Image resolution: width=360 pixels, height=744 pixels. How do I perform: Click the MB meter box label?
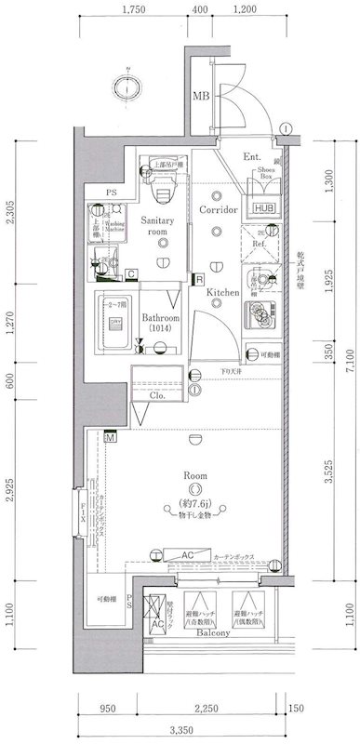(200, 96)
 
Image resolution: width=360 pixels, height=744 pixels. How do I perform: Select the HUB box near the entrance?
(264, 208)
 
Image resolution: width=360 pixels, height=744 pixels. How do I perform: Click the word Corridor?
(220, 211)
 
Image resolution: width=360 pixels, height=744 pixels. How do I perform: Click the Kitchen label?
(224, 292)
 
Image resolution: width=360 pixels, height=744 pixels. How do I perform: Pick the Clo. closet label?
(157, 395)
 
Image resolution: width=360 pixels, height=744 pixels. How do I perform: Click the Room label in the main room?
(194, 475)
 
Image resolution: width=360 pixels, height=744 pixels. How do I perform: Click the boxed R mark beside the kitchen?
(199, 277)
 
